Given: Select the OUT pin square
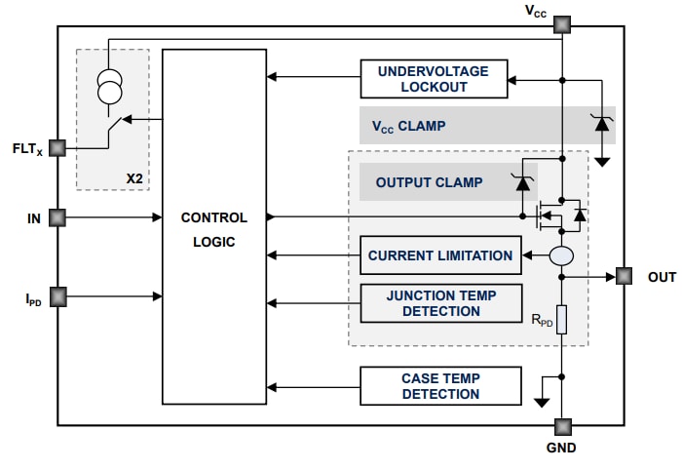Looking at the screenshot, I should [624, 277].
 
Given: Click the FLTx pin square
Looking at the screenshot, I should [57, 148].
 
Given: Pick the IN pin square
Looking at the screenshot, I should [57, 216].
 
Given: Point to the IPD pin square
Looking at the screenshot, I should [57, 294].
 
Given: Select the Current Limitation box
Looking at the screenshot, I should [440, 255].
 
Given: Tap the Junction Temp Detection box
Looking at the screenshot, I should [440, 303].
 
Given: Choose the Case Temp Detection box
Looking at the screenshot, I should [440, 386].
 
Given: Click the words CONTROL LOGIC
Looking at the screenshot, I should [213, 230].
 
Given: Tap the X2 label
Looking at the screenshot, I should [134, 178].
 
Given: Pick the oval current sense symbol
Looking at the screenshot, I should [562, 255].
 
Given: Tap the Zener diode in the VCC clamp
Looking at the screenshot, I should [602, 124].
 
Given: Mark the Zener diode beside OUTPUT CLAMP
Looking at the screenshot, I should [522, 180].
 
